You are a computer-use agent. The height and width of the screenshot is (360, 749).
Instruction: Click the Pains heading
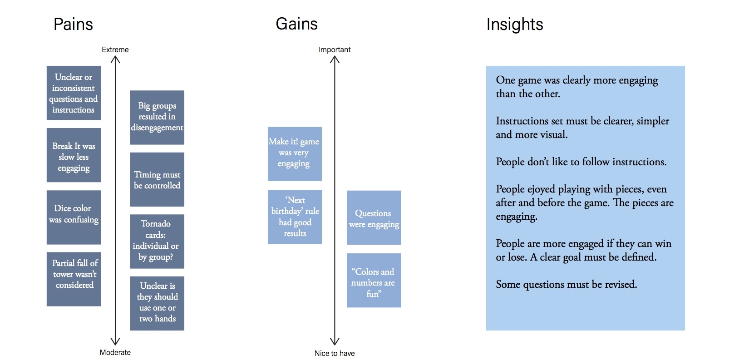(73, 25)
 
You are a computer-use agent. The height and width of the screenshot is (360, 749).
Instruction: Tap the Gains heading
(296, 24)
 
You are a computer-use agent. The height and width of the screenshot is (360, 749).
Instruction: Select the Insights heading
(515, 25)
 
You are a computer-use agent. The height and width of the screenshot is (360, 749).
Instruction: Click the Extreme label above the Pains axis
(115, 50)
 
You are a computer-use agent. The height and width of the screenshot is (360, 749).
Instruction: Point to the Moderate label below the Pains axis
(115, 352)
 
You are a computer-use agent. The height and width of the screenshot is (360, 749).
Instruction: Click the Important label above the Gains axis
(335, 50)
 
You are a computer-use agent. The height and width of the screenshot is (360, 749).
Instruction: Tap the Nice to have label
(335, 353)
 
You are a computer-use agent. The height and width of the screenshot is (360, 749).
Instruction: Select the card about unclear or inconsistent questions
(74, 93)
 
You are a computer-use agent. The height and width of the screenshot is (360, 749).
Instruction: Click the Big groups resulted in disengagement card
(157, 117)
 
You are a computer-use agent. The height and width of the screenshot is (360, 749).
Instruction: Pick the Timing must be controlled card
(157, 179)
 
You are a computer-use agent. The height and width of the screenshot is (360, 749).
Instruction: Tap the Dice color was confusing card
(74, 217)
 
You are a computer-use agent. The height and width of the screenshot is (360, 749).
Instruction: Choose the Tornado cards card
(157, 242)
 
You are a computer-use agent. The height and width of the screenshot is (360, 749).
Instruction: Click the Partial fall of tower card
(74, 279)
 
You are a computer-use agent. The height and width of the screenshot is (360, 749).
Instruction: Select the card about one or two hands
(157, 304)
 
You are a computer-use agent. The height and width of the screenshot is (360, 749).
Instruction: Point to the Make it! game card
(295, 154)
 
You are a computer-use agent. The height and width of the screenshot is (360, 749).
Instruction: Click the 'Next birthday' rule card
(295, 217)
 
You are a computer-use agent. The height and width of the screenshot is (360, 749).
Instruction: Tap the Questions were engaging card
(374, 217)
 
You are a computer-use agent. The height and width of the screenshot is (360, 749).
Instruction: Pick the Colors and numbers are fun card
(374, 281)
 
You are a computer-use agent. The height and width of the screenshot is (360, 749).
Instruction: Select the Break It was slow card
(74, 155)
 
